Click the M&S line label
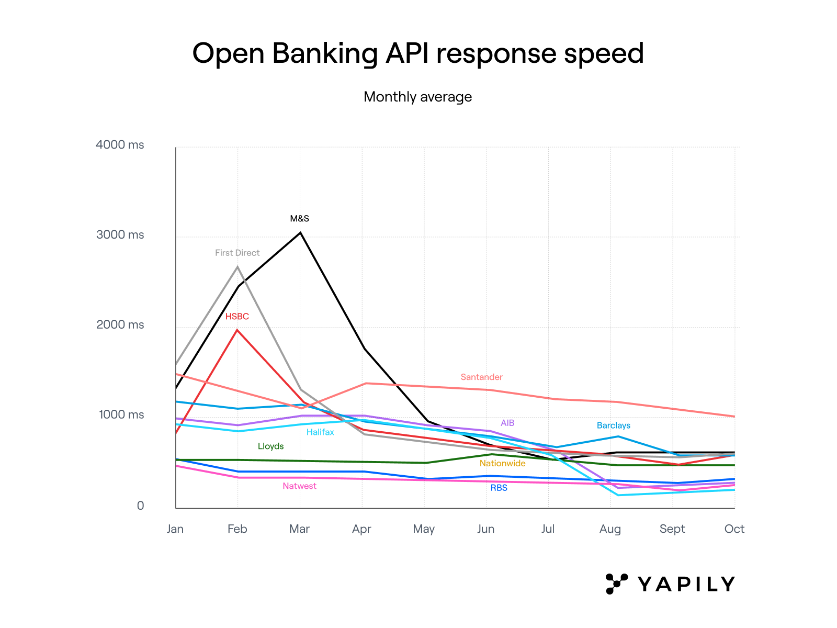pyautogui.click(x=300, y=219)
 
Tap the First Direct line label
pyautogui.click(x=237, y=253)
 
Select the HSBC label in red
pyautogui.click(x=237, y=317)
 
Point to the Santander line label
pyautogui.click(x=481, y=377)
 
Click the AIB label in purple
pyautogui.click(x=507, y=423)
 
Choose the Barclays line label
pyautogui.click(x=613, y=425)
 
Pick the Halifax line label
pyautogui.click(x=320, y=432)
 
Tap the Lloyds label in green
pyautogui.click(x=270, y=446)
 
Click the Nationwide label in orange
pyautogui.click(x=502, y=464)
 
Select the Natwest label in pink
pyautogui.click(x=299, y=486)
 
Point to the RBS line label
pyautogui.click(x=499, y=488)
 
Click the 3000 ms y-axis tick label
pyautogui.click(x=120, y=235)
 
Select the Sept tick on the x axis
pyautogui.click(x=672, y=529)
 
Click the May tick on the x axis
pyautogui.click(x=424, y=529)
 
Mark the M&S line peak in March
pyautogui.click(x=300, y=232)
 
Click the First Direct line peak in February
pyautogui.click(x=237, y=267)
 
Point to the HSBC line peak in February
pyautogui.click(x=237, y=330)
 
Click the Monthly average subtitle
pyautogui.click(x=417, y=97)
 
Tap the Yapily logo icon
pyautogui.click(x=616, y=584)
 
